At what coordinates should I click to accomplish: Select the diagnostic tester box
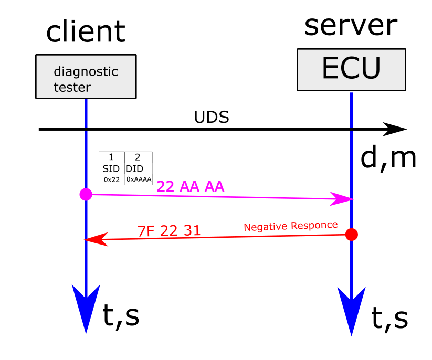pos(86,77)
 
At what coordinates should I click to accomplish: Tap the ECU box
pos(351,69)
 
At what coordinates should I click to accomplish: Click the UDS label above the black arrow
pos(212,117)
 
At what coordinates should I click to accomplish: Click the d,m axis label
pos(388,158)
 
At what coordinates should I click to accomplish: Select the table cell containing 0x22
pos(111,179)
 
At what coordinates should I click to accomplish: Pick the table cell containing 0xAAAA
pos(139,179)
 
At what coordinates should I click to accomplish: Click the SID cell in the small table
pos(111,168)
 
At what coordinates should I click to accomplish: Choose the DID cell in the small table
pos(138,168)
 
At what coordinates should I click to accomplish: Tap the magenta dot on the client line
pos(86,195)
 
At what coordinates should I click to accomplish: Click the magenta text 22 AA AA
pos(191,187)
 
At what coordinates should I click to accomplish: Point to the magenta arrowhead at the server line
pos(344,199)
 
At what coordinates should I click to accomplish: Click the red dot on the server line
pos(352,234)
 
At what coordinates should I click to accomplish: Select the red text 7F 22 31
pos(169,230)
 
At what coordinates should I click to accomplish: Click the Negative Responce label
pos(290,226)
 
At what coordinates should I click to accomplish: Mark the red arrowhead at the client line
pos(93,240)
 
